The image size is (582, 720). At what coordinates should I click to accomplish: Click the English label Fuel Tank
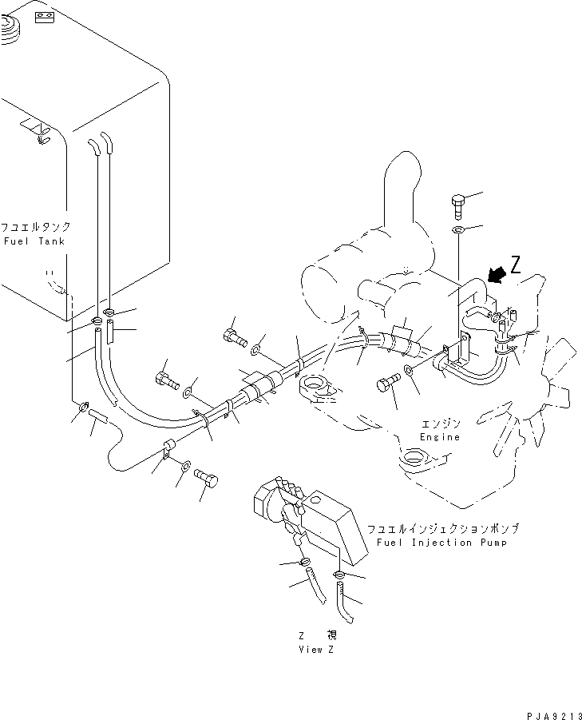point(34,241)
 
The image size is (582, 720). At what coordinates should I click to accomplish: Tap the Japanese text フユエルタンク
point(35,227)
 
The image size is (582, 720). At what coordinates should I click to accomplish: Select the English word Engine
point(440,437)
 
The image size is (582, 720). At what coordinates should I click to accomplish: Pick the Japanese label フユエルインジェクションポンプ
point(443,529)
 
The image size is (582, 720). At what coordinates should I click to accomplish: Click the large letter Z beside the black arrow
point(516,265)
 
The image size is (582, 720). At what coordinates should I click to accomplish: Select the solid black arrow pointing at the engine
point(497,275)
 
